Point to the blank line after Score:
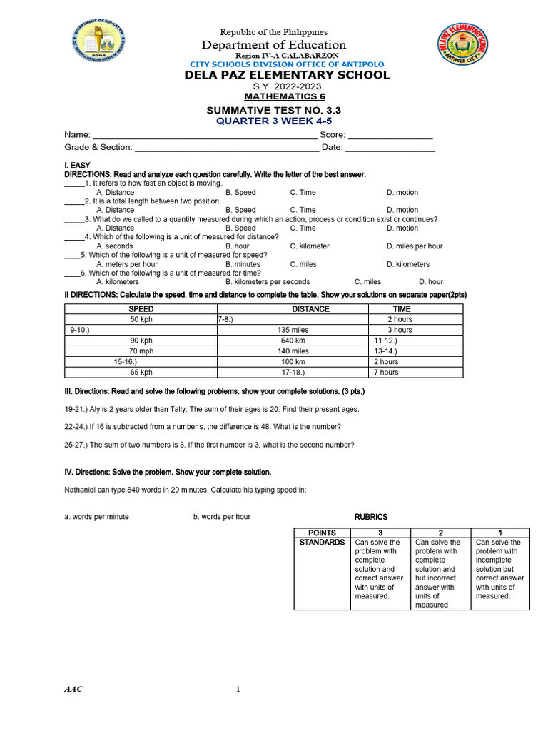(390, 135)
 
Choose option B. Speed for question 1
(240, 193)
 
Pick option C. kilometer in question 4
(310, 246)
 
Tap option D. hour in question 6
(431, 282)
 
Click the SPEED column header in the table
(141, 309)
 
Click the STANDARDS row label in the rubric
(322, 543)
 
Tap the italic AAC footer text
(73, 689)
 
